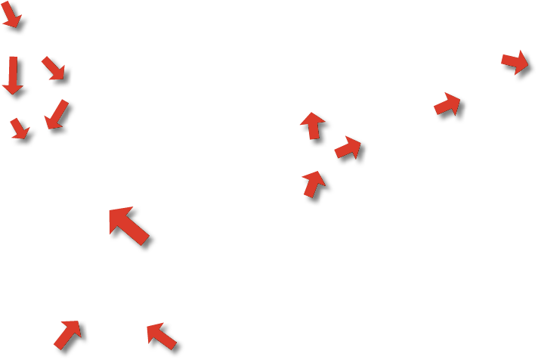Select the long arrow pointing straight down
[14, 76]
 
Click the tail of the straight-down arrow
[14, 57]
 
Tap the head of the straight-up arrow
[311, 113]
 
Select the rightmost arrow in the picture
[515, 63]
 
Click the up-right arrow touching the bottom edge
[70, 334]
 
